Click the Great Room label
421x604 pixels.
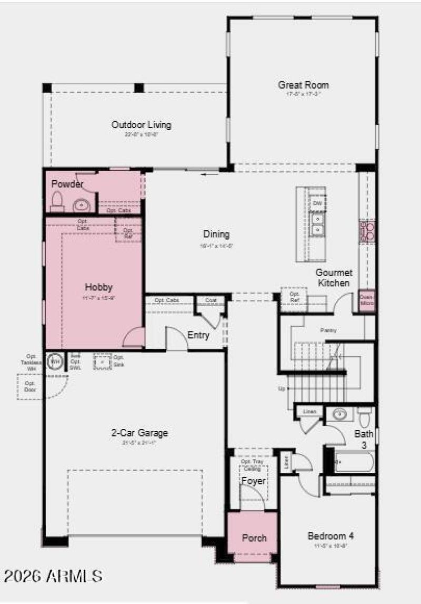[303, 85]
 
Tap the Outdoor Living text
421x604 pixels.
[141, 125]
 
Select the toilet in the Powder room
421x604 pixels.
[57, 201]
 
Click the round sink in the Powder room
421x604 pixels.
[81, 203]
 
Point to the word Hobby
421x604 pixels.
[99, 287]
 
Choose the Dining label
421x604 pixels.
[216, 235]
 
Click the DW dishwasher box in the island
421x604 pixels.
[317, 203]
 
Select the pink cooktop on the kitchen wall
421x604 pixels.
[367, 231]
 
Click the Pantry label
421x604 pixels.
[328, 330]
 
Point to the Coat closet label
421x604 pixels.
[210, 300]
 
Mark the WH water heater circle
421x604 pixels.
[55, 362]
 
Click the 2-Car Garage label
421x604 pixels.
[139, 433]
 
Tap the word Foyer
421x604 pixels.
[253, 481]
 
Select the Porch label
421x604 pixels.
[254, 538]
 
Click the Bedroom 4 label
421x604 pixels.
[330, 536]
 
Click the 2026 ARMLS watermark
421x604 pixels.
[53, 576]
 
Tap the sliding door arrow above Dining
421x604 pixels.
[210, 174]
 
